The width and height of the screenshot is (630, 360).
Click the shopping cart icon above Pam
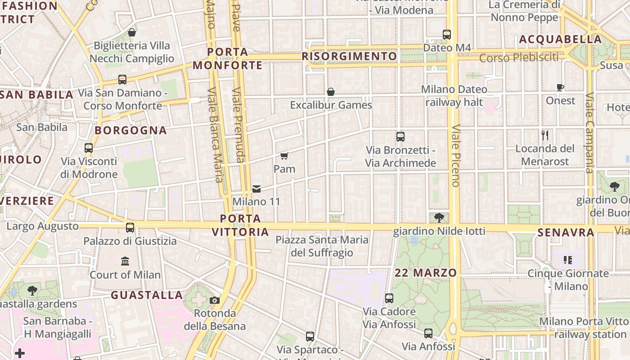[x=284, y=156]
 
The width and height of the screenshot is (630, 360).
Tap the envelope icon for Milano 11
[x=256, y=189]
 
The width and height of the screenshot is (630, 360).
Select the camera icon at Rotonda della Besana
[x=215, y=300]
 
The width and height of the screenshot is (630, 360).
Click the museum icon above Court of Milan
[x=125, y=261]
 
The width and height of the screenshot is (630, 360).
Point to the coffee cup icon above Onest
[x=560, y=87]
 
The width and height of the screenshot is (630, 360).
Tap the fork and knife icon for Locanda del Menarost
[x=545, y=135]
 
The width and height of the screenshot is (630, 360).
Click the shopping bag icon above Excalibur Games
[x=331, y=92]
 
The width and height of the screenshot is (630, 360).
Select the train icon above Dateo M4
[x=447, y=34]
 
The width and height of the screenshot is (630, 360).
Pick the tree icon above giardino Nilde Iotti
[x=439, y=218]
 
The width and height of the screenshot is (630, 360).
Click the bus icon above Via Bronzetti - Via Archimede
[x=400, y=137]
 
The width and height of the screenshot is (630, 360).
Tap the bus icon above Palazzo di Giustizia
[x=130, y=227]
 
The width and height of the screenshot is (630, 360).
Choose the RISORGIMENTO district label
[x=349, y=56]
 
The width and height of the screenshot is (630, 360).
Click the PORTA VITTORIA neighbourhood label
[x=240, y=225]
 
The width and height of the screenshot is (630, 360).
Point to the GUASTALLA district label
[x=147, y=295]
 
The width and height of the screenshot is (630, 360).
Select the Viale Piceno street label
[x=456, y=155]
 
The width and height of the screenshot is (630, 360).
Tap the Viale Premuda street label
[x=238, y=125]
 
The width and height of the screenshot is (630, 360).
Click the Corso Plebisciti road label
[x=519, y=58]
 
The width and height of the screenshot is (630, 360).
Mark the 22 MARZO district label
[x=426, y=273]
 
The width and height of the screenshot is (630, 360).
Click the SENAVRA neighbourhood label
[x=566, y=233]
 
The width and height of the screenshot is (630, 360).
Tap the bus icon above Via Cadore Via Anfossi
[x=389, y=298]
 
